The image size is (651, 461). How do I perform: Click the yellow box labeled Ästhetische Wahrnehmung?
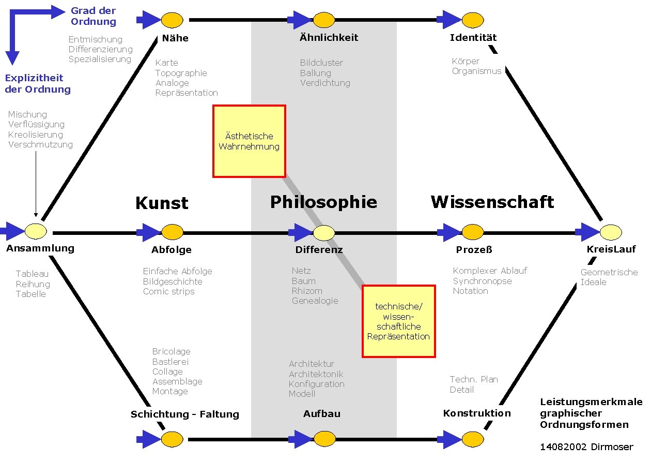point(249,141)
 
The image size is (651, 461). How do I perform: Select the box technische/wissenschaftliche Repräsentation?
point(398,321)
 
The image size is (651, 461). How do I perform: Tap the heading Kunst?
point(162,203)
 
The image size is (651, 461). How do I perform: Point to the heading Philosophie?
point(323,202)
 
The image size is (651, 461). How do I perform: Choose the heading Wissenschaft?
point(492,202)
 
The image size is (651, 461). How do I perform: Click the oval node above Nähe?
point(172,20)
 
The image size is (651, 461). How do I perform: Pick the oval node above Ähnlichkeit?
point(324,20)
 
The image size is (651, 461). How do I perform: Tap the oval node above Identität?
point(472,20)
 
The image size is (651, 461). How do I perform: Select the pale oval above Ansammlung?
point(36,230)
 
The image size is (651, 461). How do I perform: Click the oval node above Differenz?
point(324,233)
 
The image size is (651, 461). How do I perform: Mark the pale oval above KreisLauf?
point(610,232)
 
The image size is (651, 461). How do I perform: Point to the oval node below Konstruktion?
point(472,440)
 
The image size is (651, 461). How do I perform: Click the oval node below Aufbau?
point(324,440)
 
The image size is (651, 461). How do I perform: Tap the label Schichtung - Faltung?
point(185,414)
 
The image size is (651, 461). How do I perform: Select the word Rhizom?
point(307,291)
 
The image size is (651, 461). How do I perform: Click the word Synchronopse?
point(482,281)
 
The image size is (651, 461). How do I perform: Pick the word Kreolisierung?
point(35,135)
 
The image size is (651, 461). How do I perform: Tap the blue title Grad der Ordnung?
point(94,16)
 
